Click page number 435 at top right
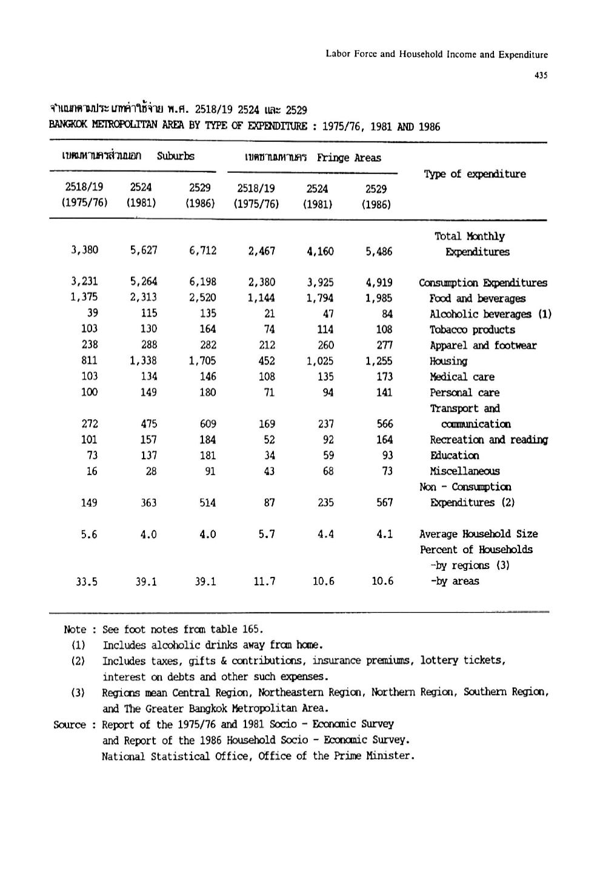point(541,76)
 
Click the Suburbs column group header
point(176,156)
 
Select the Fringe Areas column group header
point(348,158)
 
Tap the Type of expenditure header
point(475,174)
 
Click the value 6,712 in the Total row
point(202,251)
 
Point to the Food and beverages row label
point(478,298)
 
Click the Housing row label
point(448,362)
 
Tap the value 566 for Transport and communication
point(384,424)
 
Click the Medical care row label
point(462,377)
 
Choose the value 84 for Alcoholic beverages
point(387,314)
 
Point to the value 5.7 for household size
point(267,534)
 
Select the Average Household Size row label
point(478,534)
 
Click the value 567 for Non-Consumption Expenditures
point(384,503)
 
